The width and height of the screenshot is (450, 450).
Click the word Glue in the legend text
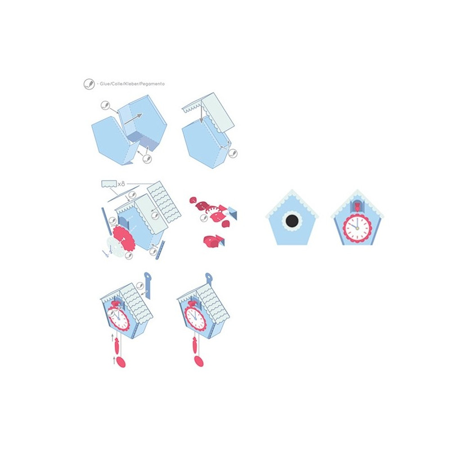[105, 84]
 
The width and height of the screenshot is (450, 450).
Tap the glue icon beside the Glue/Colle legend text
[89, 84]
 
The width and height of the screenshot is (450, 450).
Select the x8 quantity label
[121, 184]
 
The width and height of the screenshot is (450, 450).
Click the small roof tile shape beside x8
[109, 184]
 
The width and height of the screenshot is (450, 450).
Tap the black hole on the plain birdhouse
[292, 220]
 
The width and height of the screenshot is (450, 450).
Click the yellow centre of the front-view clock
[357, 228]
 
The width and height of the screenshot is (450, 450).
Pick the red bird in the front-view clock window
[357, 206]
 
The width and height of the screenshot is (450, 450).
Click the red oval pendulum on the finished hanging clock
[199, 361]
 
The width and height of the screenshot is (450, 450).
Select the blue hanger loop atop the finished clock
[209, 277]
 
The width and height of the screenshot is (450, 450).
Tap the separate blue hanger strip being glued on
[147, 286]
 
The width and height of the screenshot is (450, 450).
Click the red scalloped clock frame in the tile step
[124, 237]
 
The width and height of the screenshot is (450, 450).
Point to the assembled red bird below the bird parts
[214, 241]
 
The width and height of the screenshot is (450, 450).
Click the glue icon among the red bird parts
[204, 218]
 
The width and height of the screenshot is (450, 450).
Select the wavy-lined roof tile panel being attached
[164, 202]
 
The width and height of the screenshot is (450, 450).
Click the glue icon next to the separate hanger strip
[140, 286]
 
